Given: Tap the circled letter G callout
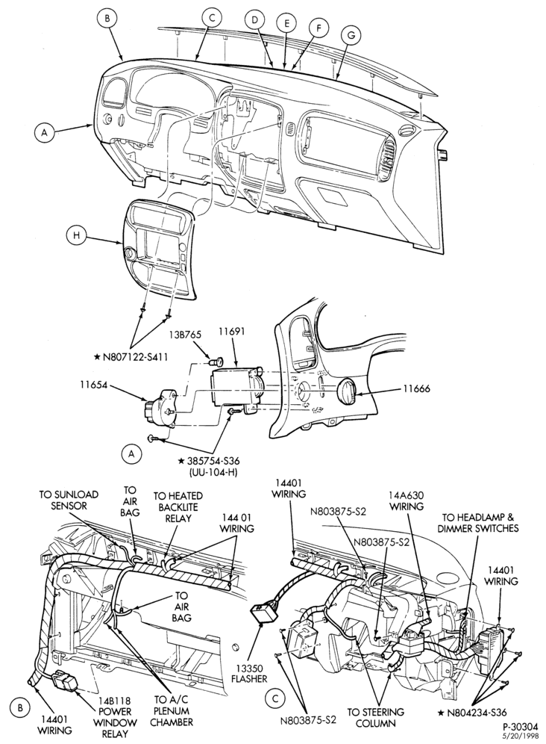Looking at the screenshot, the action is pos(351,34).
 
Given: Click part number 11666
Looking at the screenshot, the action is pos(417,389).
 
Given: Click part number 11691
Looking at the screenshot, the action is pos(231,332).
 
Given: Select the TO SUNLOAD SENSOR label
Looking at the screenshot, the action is pos(69,500).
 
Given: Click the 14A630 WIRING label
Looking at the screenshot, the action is pos(407,500).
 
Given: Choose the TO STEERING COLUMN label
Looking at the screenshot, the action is pos(376,717).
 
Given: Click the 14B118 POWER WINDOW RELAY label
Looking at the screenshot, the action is pos(115,717).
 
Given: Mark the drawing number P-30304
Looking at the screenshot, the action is pos(520,726).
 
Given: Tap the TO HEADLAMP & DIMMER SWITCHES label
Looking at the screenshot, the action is pos(480,522).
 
